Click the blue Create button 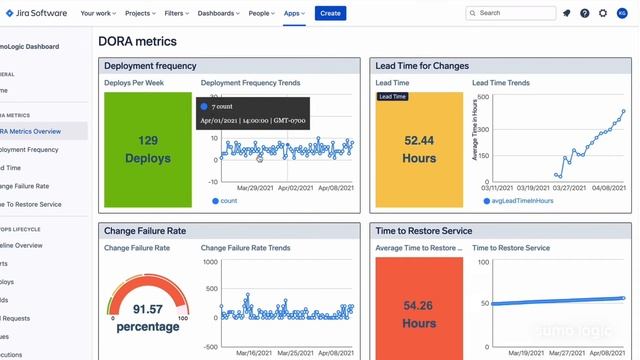click(x=330, y=13)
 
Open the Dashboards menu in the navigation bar click(x=221, y=13)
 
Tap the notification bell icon click(x=567, y=13)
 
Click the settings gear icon click(x=602, y=13)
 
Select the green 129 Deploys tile click(x=148, y=149)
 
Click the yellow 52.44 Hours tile click(x=419, y=149)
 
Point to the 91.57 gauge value click(x=148, y=311)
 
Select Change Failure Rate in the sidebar click(x=26, y=186)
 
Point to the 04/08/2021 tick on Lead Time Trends click(x=608, y=187)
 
